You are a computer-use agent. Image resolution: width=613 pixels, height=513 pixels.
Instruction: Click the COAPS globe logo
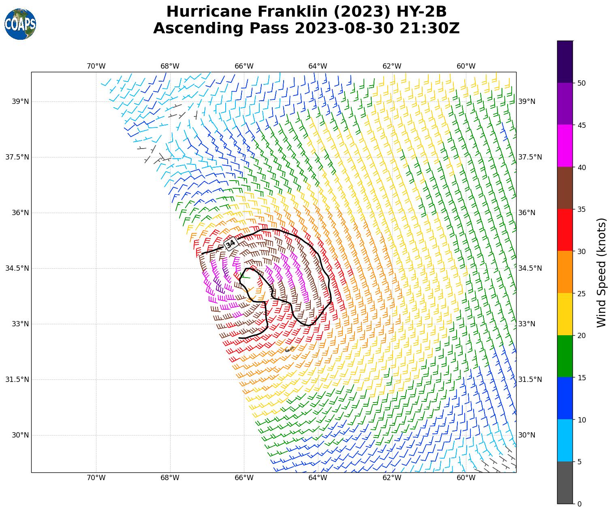click(x=20, y=24)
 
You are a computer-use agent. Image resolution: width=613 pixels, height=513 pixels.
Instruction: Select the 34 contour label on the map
click(x=231, y=244)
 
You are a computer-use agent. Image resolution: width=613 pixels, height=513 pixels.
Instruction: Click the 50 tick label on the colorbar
click(x=581, y=83)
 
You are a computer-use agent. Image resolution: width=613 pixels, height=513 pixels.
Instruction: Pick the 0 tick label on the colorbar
click(x=579, y=504)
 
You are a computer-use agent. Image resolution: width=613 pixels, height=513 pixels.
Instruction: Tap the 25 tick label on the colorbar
click(x=581, y=293)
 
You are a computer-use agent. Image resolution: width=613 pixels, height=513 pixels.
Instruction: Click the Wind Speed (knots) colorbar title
click(x=602, y=272)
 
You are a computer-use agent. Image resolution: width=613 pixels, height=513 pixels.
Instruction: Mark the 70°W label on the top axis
click(x=96, y=66)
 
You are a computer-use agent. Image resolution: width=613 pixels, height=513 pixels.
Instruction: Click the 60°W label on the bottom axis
click(x=466, y=478)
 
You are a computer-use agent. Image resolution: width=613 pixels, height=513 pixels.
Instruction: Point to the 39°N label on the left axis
click(x=20, y=101)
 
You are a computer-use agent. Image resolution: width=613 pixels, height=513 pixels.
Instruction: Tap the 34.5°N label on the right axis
click(x=530, y=268)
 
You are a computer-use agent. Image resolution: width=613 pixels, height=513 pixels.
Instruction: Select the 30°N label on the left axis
click(x=20, y=435)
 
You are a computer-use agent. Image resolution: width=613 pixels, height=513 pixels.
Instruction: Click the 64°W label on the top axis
click(x=318, y=66)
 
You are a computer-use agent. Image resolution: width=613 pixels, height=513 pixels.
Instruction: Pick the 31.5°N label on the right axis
click(x=530, y=379)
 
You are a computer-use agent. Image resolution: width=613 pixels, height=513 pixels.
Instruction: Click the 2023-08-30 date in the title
click(x=344, y=28)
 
